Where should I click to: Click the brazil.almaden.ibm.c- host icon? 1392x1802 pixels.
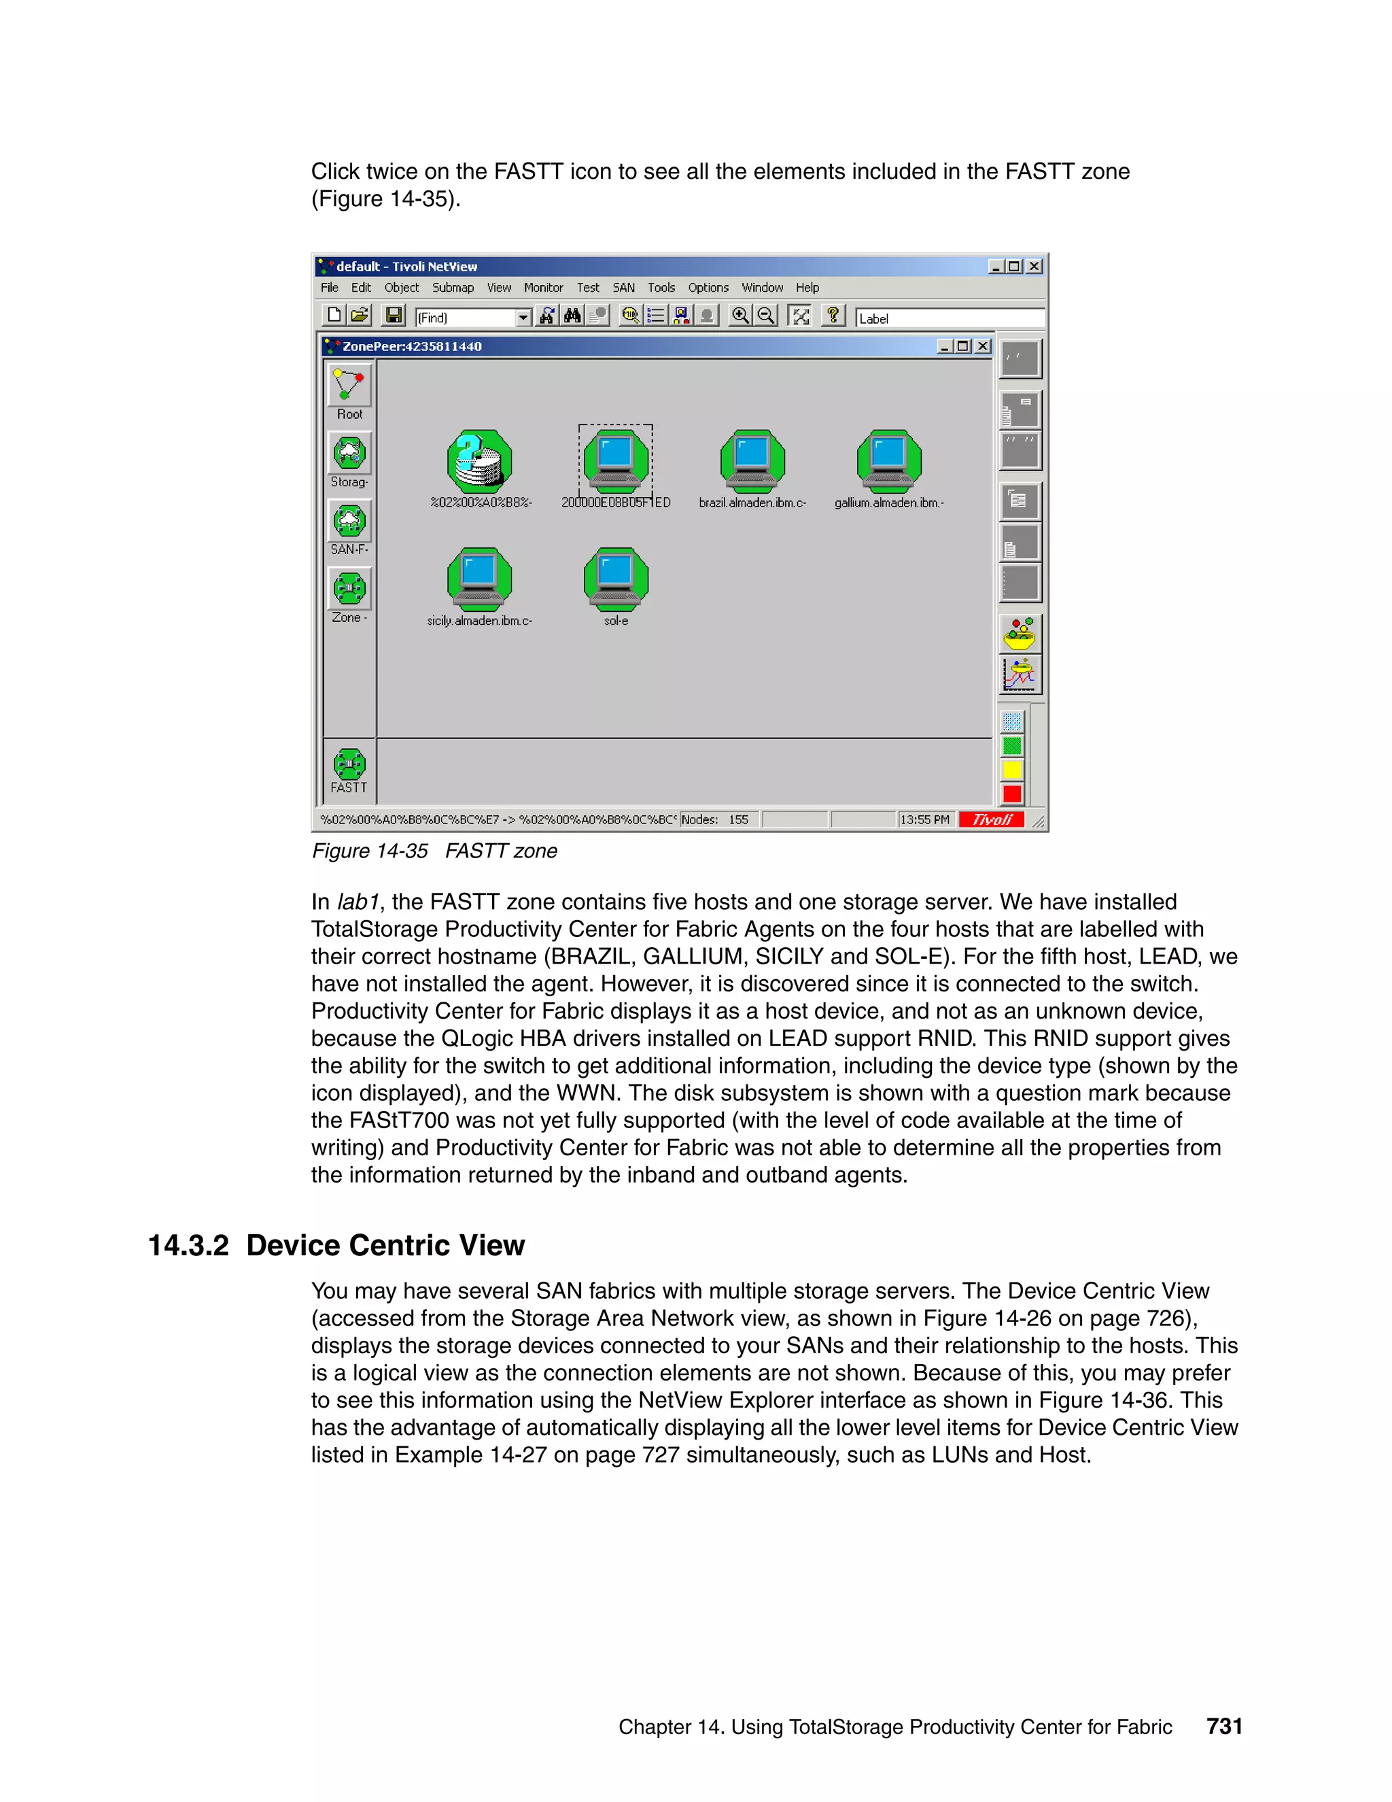coord(752,461)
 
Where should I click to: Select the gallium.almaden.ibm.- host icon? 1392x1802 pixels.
coord(888,461)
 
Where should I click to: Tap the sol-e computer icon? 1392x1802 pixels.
coord(615,579)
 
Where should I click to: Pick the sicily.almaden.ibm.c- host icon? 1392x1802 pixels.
coord(479,579)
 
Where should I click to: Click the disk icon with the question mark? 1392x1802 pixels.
coord(479,461)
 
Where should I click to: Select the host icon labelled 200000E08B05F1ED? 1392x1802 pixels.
coord(615,461)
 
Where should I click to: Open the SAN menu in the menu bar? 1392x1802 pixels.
coord(623,288)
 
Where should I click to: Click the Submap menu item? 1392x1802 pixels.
coord(453,288)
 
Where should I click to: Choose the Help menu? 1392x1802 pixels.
coord(807,288)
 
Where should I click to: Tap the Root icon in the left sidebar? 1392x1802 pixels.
coord(349,386)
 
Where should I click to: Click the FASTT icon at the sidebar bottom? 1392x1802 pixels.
coord(349,765)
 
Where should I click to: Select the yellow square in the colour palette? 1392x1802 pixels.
coord(1012,770)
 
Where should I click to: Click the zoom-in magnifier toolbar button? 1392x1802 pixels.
coord(739,316)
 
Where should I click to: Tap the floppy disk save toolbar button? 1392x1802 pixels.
coord(394,316)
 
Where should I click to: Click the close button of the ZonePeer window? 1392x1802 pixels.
coord(982,347)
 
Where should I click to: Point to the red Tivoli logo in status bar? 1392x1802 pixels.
coord(991,819)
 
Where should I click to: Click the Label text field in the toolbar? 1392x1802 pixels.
coord(948,318)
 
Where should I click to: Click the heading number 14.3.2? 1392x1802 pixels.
coord(188,1245)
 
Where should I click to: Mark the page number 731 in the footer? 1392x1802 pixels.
coord(1223,1726)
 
